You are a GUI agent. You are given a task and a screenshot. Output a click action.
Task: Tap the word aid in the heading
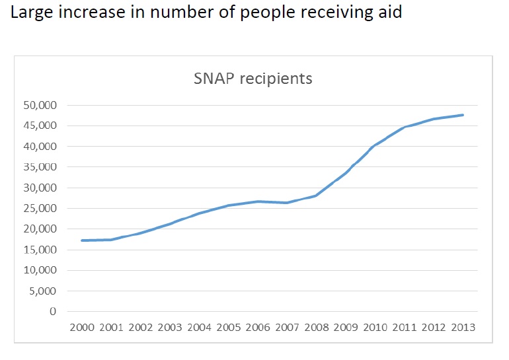pyautogui.click(x=389, y=13)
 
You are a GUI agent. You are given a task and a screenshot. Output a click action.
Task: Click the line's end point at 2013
pyautogui.click(x=463, y=115)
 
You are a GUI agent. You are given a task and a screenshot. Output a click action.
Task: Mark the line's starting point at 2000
pyautogui.click(x=81, y=240)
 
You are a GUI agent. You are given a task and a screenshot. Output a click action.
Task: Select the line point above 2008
pyautogui.click(x=316, y=196)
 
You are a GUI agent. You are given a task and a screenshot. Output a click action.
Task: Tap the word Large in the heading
pyautogui.click(x=27, y=13)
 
